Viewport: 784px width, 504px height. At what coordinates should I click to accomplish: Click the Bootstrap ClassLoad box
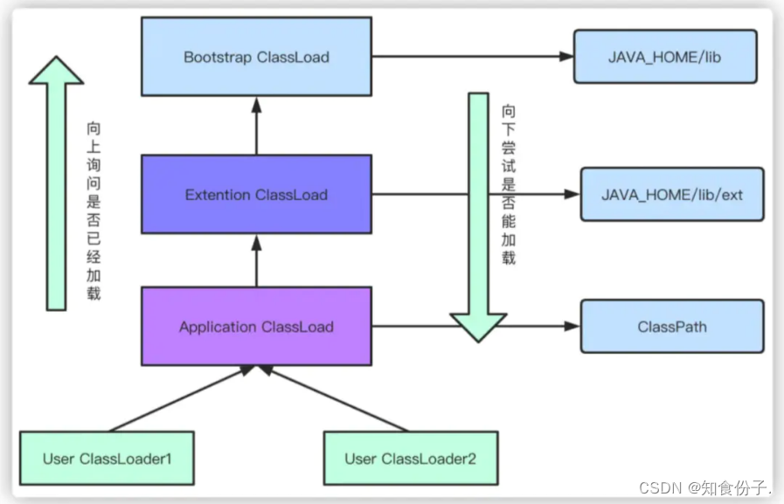(256, 57)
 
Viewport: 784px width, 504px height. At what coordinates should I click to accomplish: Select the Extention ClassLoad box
(256, 194)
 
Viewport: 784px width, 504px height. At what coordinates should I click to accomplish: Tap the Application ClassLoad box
(256, 326)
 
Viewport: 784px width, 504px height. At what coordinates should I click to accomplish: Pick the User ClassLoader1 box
(107, 458)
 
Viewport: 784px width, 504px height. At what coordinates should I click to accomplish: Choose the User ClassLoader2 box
(411, 458)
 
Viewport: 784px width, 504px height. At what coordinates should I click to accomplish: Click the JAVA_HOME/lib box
(665, 57)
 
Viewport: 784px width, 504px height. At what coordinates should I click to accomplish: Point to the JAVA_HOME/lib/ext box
(672, 194)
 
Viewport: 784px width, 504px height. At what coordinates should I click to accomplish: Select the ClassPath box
(672, 326)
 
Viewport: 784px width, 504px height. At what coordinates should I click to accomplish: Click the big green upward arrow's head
(57, 70)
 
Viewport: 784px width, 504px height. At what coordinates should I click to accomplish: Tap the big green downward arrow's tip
(478, 342)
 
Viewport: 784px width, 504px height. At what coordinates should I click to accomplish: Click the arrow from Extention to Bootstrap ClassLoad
(256, 126)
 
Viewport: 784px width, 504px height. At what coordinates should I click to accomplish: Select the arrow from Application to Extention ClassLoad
(256, 261)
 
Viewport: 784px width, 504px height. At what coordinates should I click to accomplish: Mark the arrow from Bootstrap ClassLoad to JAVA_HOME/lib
(473, 57)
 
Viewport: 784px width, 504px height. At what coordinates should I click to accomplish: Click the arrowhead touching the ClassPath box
(572, 326)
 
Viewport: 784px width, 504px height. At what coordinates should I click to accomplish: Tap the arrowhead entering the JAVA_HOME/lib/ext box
(572, 194)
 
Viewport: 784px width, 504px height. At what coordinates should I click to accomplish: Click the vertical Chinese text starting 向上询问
(94, 211)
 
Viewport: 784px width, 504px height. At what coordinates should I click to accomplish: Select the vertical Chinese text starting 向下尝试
(509, 184)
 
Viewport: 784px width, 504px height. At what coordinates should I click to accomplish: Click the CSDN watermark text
(704, 487)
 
